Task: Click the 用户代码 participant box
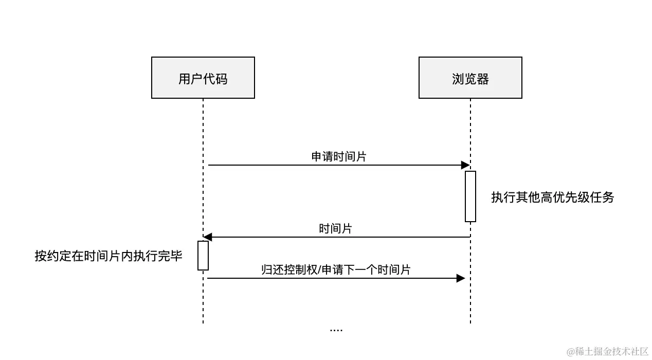click(x=203, y=78)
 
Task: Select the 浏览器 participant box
click(x=470, y=78)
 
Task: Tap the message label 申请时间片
click(x=339, y=157)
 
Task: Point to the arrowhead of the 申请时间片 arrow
click(x=465, y=165)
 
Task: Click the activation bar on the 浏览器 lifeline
click(x=470, y=196)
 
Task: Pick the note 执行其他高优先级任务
click(x=553, y=197)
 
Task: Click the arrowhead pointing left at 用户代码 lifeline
click(x=208, y=237)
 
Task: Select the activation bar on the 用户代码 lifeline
click(x=203, y=255)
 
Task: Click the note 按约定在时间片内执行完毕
click(x=108, y=256)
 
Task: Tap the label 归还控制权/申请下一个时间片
click(x=336, y=269)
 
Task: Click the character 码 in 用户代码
click(x=221, y=79)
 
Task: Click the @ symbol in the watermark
click(x=570, y=352)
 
